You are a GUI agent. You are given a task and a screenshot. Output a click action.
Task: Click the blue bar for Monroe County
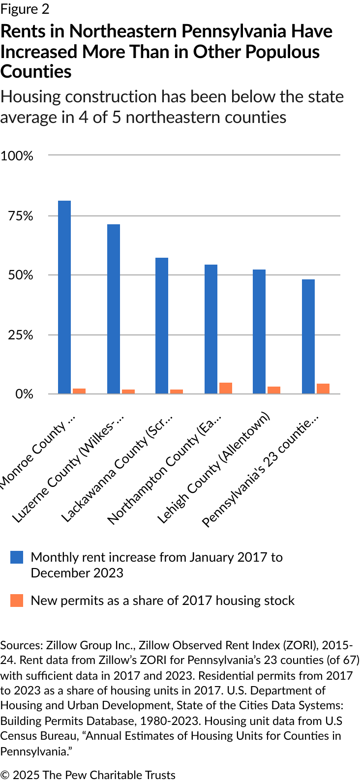[x=64, y=297]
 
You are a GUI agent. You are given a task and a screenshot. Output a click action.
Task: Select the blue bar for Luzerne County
[x=114, y=309]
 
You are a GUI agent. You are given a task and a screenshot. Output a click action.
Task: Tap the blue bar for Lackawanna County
[x=162, y=326]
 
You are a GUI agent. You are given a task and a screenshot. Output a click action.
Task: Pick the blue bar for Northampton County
[x=211, y=329]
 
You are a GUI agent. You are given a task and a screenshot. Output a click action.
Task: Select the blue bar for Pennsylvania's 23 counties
[x=308, y=336]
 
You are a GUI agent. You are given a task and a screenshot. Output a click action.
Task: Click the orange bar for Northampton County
[x=226, y=388]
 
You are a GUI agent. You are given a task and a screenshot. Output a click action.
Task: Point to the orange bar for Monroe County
[x=79, y=391]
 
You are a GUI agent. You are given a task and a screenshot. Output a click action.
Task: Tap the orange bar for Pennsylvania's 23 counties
[x=323, y=389]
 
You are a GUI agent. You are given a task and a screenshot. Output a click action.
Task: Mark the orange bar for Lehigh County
[x=274, y=390]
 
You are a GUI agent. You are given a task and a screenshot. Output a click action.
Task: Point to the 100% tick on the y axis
[x=17, y=156]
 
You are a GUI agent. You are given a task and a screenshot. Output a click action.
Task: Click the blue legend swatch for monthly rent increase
[x=17, y=557]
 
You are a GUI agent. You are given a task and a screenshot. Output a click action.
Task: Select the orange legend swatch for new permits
[x=17, y=601]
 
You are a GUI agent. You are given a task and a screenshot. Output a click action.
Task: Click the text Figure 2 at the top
[x=25, y=9]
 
